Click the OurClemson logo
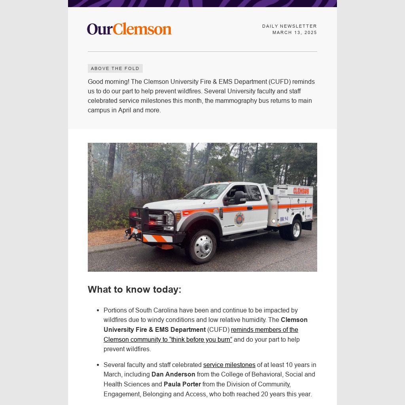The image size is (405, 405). tap(129, 29)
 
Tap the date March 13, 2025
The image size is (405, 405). tap(295, 32)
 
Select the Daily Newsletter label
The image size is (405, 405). tap(290, 26)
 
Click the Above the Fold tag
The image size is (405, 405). tap(115, 68)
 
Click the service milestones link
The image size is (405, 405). tap(229, 365)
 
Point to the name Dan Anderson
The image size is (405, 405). tap(173, 374)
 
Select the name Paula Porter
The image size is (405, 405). tap(182, 384)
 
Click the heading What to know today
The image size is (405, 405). tap(134, 290)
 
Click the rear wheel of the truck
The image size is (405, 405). tap(295, 229)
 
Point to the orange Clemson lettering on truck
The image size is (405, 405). tap(301, 191)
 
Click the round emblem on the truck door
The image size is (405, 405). tap(239, 219)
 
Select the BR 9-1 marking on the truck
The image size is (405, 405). tap(284, 219)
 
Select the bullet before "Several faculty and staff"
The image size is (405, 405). tap(97, 365)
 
